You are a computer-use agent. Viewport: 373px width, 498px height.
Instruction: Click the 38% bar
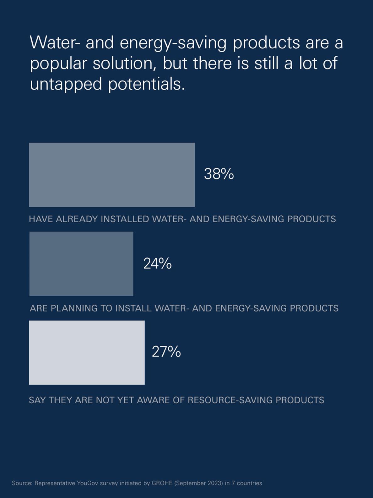click(112, 175)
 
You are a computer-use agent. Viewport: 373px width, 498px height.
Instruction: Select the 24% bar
click(81, 264)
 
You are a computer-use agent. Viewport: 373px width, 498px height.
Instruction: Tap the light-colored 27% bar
click(87, 352)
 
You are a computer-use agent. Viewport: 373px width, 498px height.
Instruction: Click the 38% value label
click(219, 174)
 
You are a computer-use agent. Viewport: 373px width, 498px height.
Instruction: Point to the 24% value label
click(157, 263)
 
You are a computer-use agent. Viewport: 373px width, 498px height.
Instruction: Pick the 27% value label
click(166, 351)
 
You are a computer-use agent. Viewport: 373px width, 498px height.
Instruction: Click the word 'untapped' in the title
click(66, 84)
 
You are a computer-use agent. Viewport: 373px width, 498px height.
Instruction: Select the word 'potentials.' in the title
click(146, 84)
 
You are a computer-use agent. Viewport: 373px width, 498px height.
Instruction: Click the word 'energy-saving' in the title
click(173, 43)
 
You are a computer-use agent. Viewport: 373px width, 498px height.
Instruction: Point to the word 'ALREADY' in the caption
click(77, 219)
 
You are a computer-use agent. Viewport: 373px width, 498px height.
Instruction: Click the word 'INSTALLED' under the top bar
click(125, 219)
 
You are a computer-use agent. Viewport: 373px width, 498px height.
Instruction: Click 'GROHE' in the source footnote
click(162, 483)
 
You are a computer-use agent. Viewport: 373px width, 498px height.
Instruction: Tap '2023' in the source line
click(215, 483)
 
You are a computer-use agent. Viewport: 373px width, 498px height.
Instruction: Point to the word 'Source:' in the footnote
click(22, 483)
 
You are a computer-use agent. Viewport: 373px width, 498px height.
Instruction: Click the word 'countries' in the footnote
click(249, 483)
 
